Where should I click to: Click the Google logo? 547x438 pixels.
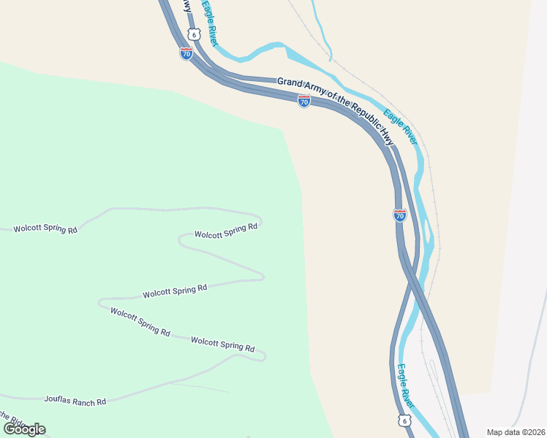tap(24, 429)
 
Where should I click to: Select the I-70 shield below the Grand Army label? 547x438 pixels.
tap(304, 101)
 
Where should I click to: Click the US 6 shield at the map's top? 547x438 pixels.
tap(193, 34)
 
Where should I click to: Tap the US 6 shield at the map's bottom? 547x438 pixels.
tap(404, 420)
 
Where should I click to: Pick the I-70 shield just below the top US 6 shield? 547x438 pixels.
tap(186, 53)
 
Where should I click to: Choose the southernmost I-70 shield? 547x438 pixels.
tap(399, 215)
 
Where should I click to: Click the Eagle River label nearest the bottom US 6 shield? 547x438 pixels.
tap(406, 386)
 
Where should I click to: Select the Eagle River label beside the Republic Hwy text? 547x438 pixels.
tap(400, 126)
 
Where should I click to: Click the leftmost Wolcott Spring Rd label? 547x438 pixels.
tap(45, 229)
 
